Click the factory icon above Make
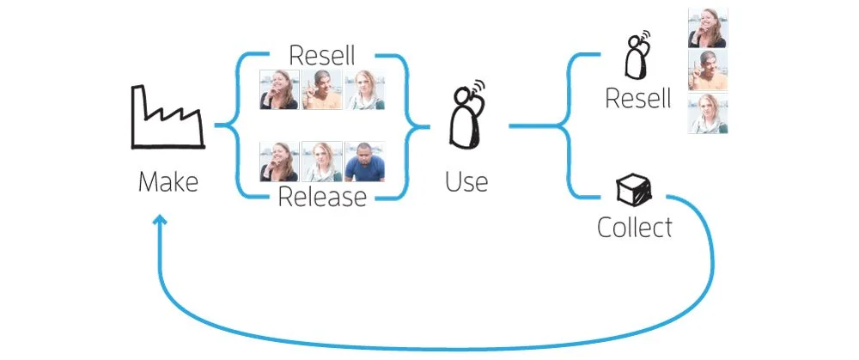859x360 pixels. (x=166, y=117)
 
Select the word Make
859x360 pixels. (x=168, y=182)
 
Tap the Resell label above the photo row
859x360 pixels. (x=322, y=56)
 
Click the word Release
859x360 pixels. (x=322, y=198)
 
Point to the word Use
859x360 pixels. (x=467, y=182)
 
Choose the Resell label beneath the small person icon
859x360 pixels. (x=637, y=99)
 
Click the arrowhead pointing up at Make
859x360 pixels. (x=160, y=223)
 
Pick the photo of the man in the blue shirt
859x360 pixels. (x=364, y=161)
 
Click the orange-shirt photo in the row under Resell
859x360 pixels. (x=322, y=90)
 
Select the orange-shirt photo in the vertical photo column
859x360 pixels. (x=709, y=70)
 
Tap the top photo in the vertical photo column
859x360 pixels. (x=709, y=27)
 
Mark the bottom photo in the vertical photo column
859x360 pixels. (x=709, y=113)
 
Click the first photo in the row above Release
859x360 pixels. (x=279, y=161)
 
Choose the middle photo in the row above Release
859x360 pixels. (x=322, y=161)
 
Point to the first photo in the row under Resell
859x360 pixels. (x=279, y=90)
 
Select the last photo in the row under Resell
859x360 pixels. (x=364, y=90)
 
